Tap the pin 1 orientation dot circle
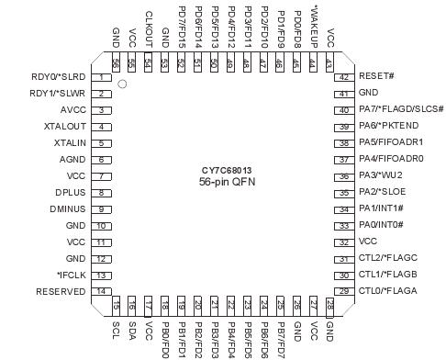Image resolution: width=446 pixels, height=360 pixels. [122, 84]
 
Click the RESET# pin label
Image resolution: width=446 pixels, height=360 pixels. [375, 77]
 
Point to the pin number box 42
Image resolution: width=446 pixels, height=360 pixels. [342, 77]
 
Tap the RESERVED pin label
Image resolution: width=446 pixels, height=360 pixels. [60, 292]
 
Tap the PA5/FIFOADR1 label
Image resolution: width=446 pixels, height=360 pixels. [391, 143]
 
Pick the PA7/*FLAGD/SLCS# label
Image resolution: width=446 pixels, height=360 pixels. [401, 110]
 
